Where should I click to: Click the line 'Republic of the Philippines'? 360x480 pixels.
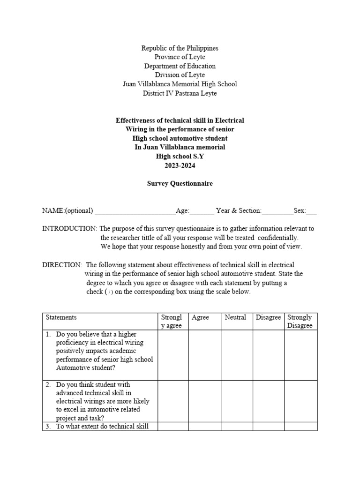pyautogui.click(x=180, y=48)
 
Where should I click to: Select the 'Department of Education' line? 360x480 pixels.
pyautogui.click(x=180, y=66)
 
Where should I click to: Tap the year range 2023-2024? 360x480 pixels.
pyautogui.click(x=180, y=165)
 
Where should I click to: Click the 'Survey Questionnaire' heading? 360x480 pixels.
pyautogui.click(x=180, y=183)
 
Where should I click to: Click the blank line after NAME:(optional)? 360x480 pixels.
pyautogui.click(x=135, y=211)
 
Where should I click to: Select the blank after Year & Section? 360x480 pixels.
pyautogui.click(x=277, y=211)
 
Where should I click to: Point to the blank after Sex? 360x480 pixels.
pyautogui.click(x=311, y=211)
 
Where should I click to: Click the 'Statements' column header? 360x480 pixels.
pyautogui.click(x=61, y=317)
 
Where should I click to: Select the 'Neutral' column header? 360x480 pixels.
pyautogui.click(x=235, y=317)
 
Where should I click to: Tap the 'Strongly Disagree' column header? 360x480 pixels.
pyautogui.click(x=300, y=322)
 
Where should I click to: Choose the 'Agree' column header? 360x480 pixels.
pyautogui.click(x=201, y=317)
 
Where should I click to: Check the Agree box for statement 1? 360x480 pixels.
pyautogui.click(x=205, y=355)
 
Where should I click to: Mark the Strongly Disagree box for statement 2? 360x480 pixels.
pyautogui.click(x=300, y=401)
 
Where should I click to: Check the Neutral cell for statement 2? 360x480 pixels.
pyautogui.click(x=237, y=401)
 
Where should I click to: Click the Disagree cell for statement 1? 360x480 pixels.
pyautogui.click(x=269, y=355)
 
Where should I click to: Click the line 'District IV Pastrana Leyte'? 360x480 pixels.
pyautogui.click(x=180, y=93)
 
